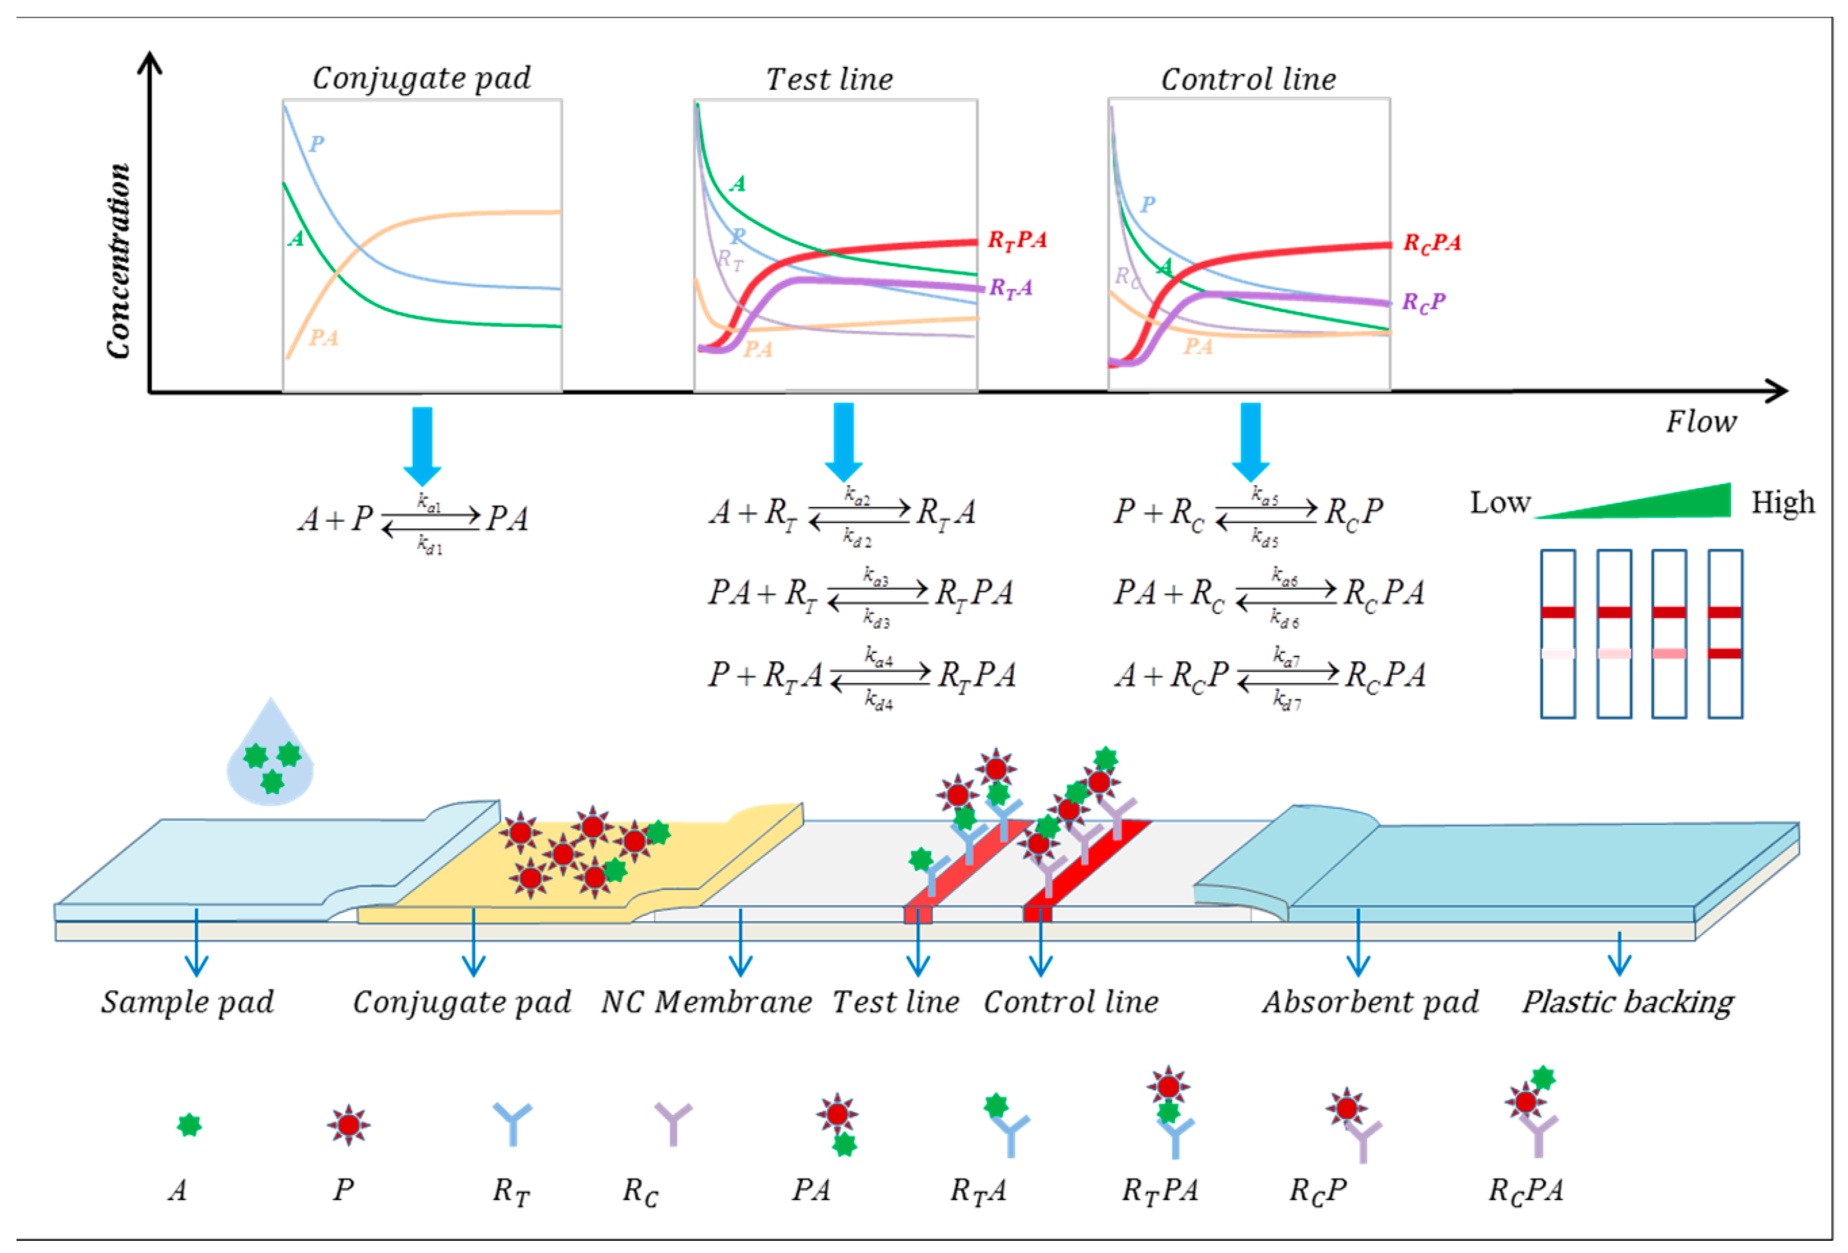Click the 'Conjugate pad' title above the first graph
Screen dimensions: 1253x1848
coord(422,78)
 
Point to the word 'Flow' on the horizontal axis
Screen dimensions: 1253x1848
coord(1701,422)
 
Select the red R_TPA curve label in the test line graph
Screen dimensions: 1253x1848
coord(1016,240)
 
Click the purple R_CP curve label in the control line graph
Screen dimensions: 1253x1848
coord(1422,303)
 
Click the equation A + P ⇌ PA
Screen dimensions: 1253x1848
coord(413,519)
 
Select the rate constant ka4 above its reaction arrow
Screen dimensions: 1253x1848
coord(879,657)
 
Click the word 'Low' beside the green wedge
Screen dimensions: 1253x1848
coord(1500,503)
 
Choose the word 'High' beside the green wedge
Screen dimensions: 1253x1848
coord(1783,503)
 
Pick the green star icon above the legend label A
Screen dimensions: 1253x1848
coord(189,1125)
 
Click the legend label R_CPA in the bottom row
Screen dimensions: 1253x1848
coord(1525,1190)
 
